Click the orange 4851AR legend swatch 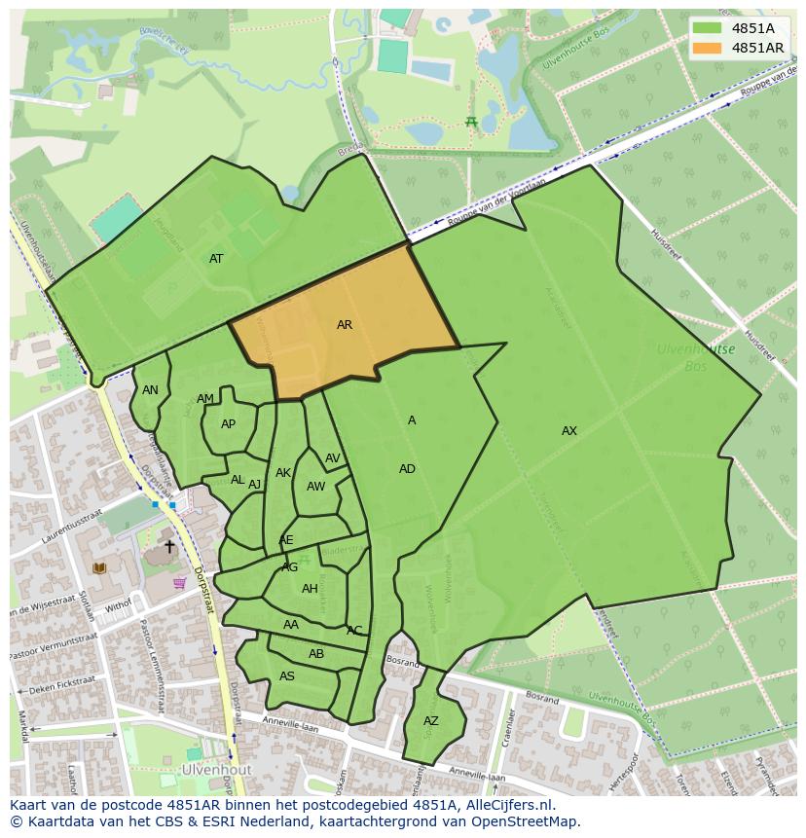pyautogui.click(x=708, y=48)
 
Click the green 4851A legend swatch pyautogui.click(x=708, y=28)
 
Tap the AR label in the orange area pyautogui.click(x=345, y=325)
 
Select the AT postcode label pyautogui.click(x=216, y=259)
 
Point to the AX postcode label pyautogui.click(x=569, y=431)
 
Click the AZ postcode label pyautogui.click(x=431, y=721)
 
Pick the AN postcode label pyautogui.click(x=150, y=390)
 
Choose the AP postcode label pyautogui.click(x=228, y=424)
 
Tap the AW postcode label pyautogui.click(x=315, y=487)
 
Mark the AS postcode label pyautogui.click(x=287, y=676)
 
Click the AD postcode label pyautogui.click(x=407, y=469)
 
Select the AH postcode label pyautogui.click(x=310, y=589)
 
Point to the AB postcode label pyautogui.click(x=316, y=654)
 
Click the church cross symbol pyautogui.click(x=169, y=547)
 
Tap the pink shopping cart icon pyautogui.click(x=179, y=583)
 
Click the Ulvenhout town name pyautogui.click(x=215, y=769)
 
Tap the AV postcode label pyautogui.click(x=333, y=458)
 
